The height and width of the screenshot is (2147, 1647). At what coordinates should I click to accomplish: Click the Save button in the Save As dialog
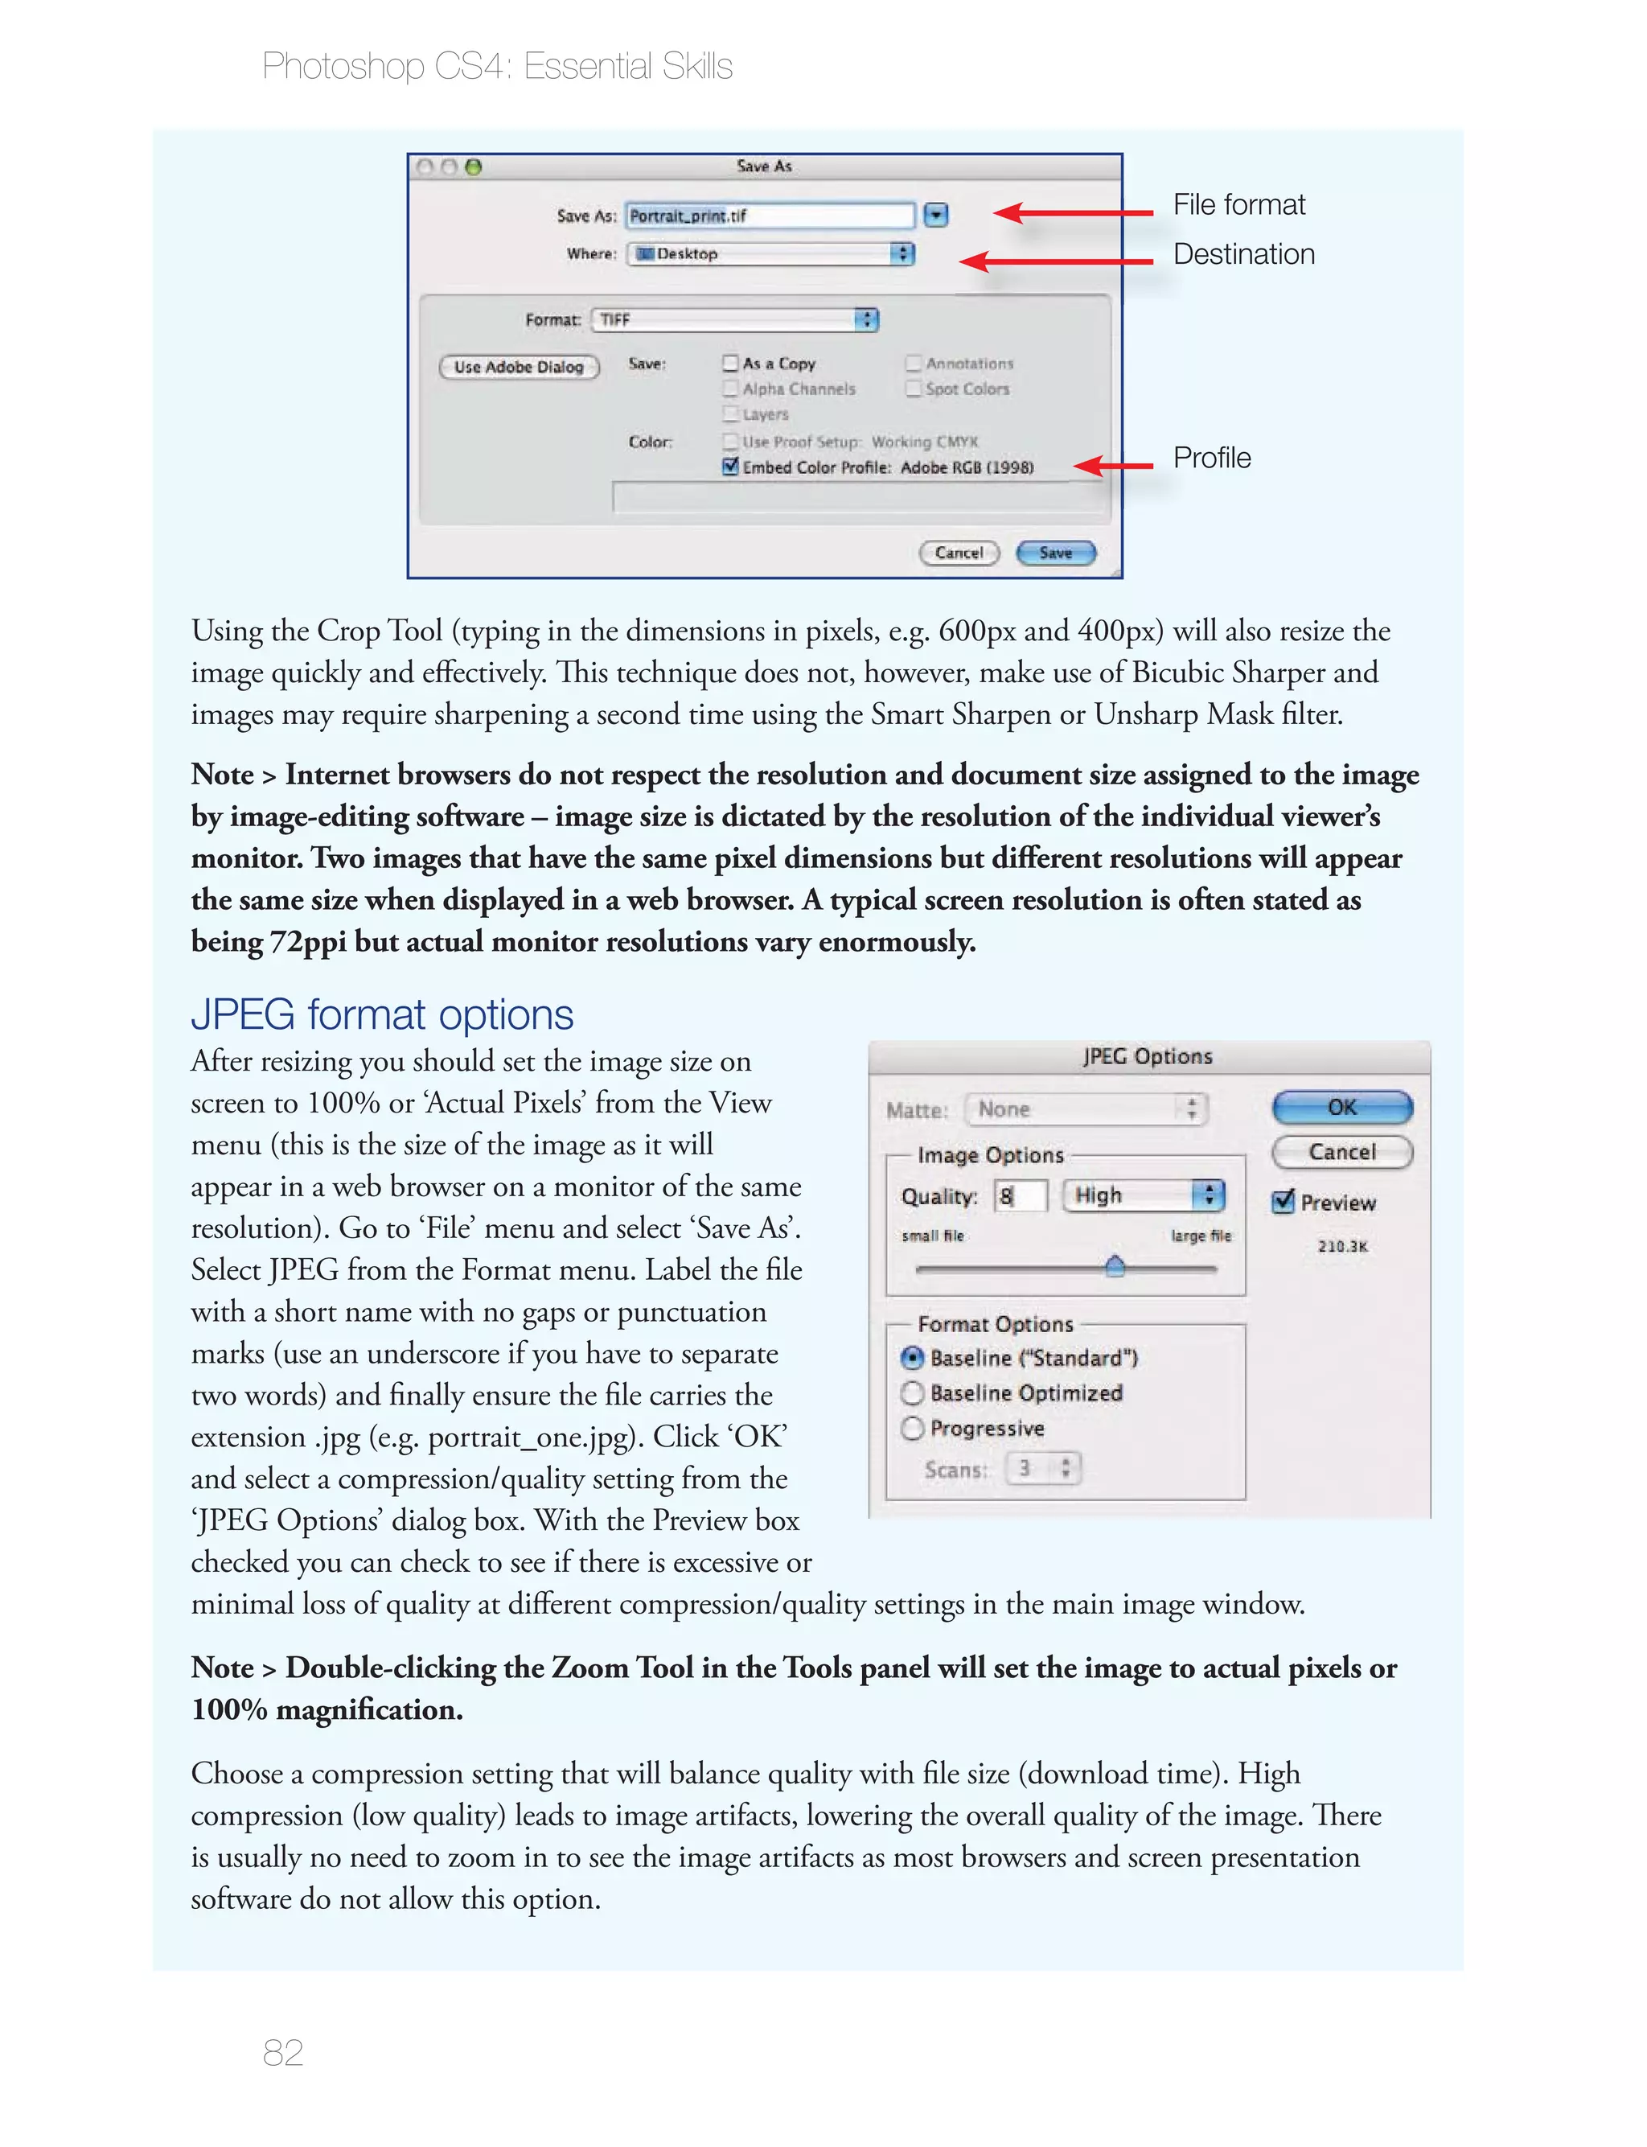[x=1055, y=553]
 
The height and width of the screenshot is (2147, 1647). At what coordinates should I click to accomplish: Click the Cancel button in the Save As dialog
[x=959, y=553]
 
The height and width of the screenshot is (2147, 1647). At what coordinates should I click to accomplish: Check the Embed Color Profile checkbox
[x=730, y=467]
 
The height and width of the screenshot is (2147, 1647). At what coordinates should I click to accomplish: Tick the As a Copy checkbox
[x=730, y=364]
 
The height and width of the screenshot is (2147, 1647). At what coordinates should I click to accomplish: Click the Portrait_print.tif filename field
[x=770, y=216]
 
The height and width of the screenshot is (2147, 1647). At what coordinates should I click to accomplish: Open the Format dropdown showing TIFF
[x=735, y=319]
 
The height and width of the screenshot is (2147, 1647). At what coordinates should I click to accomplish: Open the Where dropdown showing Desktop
[x=770, y=254]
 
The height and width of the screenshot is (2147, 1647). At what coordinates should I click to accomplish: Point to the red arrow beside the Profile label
[x=1114, y=466]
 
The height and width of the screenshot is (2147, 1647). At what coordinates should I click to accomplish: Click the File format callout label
[x=1238, y=205]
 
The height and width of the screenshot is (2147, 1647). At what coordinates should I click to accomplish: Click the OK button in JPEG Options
[x=1341, y=1108]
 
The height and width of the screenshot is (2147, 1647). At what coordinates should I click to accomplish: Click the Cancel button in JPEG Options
[x=1341, y=1152]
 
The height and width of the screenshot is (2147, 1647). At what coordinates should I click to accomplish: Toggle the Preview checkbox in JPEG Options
[x=1283, y=1202]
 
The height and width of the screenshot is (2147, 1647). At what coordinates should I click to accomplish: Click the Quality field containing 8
[x=1021, y=1196]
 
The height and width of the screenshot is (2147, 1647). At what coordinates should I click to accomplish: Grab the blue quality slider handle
[x=1115, y=1267]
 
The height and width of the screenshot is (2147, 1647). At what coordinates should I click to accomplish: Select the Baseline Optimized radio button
[x=913, y=1393]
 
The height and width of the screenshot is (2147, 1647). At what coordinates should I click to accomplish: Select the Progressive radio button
[x=913, y=1429]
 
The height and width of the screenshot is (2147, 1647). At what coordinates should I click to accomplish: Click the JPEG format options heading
[x=381, y=1014]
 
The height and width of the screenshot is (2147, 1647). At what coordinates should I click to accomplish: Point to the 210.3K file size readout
[x=1342, y=1246]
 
